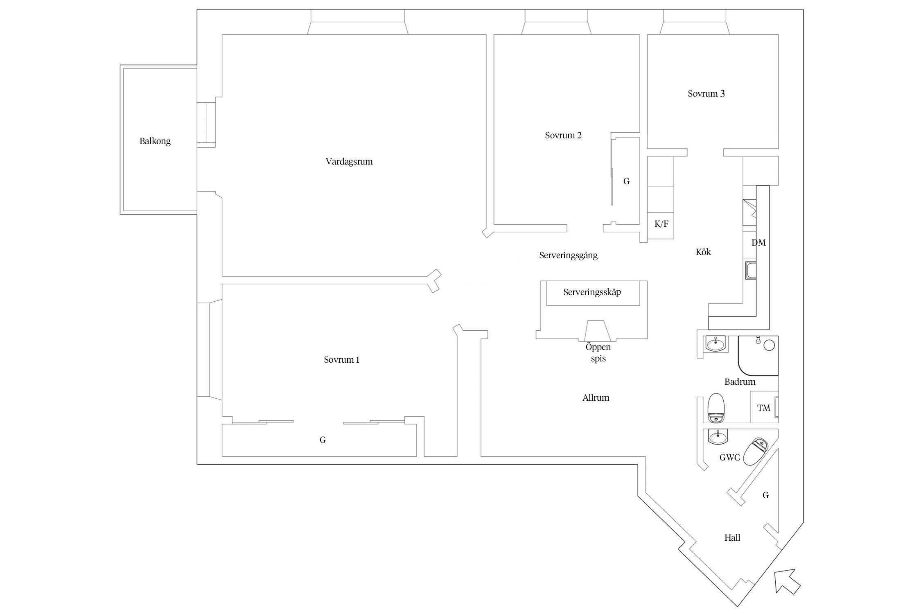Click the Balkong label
tap(155, 141)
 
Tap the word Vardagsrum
tap(349, 161)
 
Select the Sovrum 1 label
tap(341, 360)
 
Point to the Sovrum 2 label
tap(563, 135)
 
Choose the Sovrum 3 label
tap(706, 94)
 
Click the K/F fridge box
tap(661, 224)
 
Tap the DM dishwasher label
tap(758, 243)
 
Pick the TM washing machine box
tap(763, 408)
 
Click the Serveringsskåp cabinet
tap(592, 292)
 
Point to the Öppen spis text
tap(598, 353)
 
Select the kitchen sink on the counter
tap(750, 271)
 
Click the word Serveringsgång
tap(568, 255)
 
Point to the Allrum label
tap(596, 398)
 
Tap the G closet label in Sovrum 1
tap(323, 440)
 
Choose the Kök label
tap(703, 252)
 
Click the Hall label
tap(732, 538)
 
